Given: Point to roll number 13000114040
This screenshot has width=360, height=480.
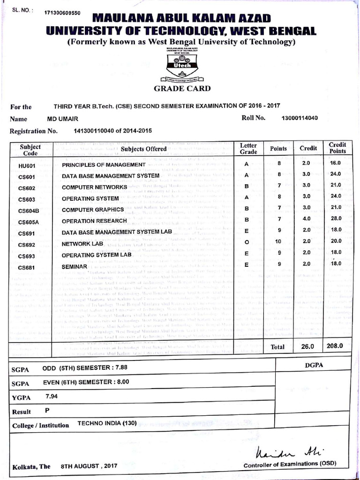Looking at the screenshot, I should (300, 118).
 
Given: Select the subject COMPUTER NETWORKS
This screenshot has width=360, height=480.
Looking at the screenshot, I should (94, 187).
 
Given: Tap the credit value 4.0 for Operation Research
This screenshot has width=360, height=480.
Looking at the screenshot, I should (306, 219).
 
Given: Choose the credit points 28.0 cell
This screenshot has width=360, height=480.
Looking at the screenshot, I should (337, 219).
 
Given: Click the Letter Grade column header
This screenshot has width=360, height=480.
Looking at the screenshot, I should (248, 149).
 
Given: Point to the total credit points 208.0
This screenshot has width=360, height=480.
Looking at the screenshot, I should (335, 346).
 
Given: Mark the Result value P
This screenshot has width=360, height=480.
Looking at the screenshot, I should (47, 410).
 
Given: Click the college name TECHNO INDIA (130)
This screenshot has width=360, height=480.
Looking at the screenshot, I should (107, 423).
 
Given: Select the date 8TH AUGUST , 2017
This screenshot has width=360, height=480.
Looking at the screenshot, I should (89, 467).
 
